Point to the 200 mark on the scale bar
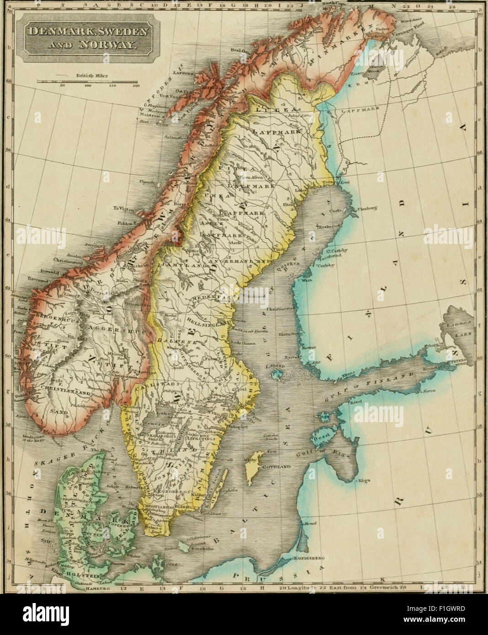coord(136,85)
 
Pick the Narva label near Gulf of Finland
coord(427,391)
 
